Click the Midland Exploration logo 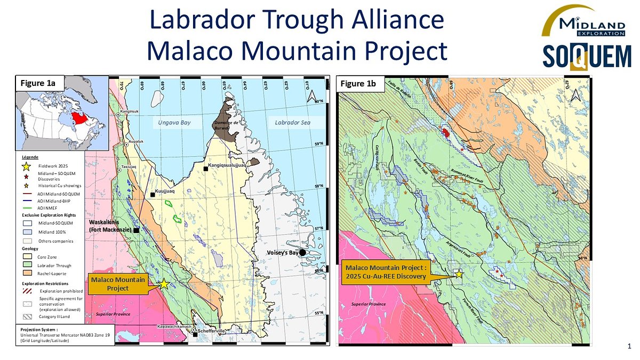[583, 22]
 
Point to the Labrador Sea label [292, 123]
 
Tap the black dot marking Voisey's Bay [303, 252]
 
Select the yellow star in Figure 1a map [164, 285]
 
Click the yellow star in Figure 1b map [459, 274]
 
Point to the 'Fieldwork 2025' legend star [27, 167]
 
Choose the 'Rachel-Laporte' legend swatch [28, 274]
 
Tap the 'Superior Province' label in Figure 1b [368, 303]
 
